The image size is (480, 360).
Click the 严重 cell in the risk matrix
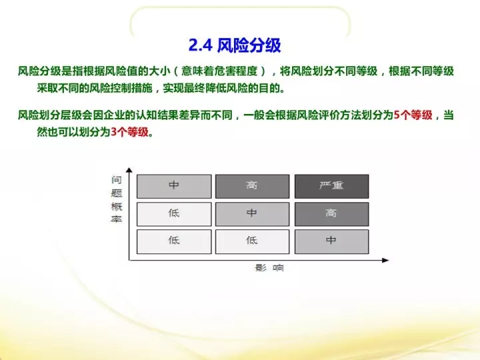coord(331,187)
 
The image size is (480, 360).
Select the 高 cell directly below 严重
coord(331,214)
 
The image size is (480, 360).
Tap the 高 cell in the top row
coord(252,187)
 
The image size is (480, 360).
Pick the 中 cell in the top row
coord(174,187)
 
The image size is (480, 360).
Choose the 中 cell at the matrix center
coord(252,214)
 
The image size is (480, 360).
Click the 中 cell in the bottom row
coord(331,242)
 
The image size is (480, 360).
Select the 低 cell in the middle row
coord(174,214)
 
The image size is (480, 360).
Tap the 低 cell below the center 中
coord(252,242)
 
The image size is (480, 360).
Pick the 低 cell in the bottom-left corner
coord(174,242)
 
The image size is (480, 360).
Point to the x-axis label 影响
coord(269,268)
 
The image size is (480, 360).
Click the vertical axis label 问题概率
coord(117,199)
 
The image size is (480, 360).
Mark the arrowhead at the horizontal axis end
coord(385,260)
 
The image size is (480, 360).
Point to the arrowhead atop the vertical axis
coord(129,170)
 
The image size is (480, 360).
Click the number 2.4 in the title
coord(201,45)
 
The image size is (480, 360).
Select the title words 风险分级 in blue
coord(249,45)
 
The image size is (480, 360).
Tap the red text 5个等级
coord(413,115)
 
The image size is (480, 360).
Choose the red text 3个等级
coord(129,132)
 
